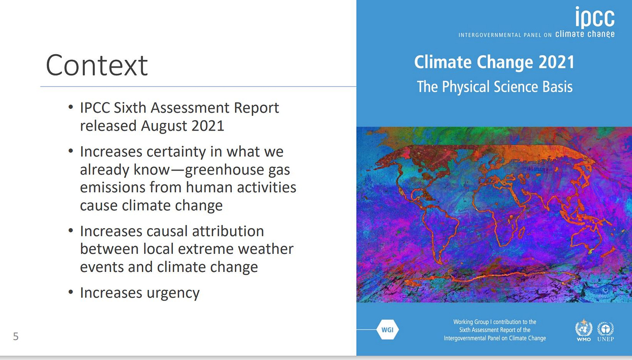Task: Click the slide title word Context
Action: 96,65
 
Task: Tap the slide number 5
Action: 16,336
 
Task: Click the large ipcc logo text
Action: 595,17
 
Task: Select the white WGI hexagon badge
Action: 387,330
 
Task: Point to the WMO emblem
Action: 584,330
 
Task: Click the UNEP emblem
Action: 606,331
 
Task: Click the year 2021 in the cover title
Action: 556,62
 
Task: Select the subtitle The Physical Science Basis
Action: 495,87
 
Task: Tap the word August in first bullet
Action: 164,126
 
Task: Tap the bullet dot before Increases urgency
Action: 71,292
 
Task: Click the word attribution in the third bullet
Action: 228,231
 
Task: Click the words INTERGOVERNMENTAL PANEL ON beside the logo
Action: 505,35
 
